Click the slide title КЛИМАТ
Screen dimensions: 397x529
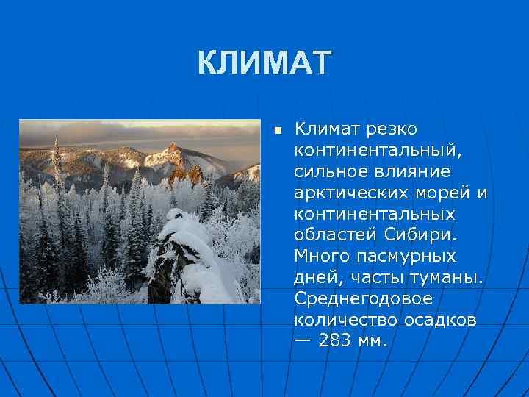264,64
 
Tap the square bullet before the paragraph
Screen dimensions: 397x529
278,130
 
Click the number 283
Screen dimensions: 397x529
339,342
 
